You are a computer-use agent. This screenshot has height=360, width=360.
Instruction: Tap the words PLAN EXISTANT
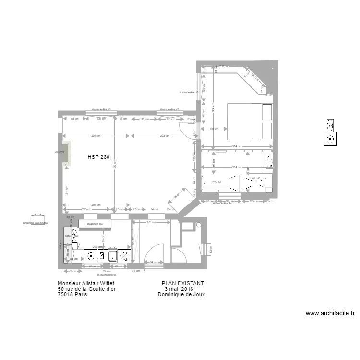point(183,283)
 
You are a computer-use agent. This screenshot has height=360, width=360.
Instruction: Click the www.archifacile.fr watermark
point(330,313)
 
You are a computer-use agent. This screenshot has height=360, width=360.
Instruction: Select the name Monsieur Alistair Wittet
point(86,283)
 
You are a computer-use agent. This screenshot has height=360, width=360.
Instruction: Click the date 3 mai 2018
point(179,289)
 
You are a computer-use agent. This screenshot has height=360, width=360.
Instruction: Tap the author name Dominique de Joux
point(181,295)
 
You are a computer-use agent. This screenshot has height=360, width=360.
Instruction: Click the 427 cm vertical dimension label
point(115,164)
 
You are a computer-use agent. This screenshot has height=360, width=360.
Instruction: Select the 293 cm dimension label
point(165,136)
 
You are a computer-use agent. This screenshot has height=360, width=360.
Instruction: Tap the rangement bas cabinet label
point(95,224)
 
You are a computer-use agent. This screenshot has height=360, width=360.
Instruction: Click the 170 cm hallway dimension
point(150,223)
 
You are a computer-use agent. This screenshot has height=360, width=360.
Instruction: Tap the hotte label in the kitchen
point(68,236)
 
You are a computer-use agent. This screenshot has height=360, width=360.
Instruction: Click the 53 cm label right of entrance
point(210,250)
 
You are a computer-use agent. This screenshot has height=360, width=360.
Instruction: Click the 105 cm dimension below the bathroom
point(252,202)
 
